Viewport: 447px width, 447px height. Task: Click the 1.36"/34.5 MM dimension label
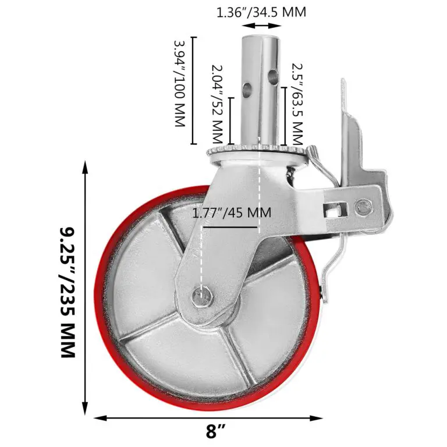[261, 13]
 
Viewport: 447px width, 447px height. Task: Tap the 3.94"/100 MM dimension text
[180, 83]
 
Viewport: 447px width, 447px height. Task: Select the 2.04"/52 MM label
[217, 104]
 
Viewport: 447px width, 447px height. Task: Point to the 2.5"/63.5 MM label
[297, 104]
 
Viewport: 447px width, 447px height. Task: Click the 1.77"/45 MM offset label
[232, 212]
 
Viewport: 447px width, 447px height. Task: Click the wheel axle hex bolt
[202, 296]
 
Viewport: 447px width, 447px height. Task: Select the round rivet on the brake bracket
[363, 205]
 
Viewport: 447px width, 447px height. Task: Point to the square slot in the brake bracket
[336, 210]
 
